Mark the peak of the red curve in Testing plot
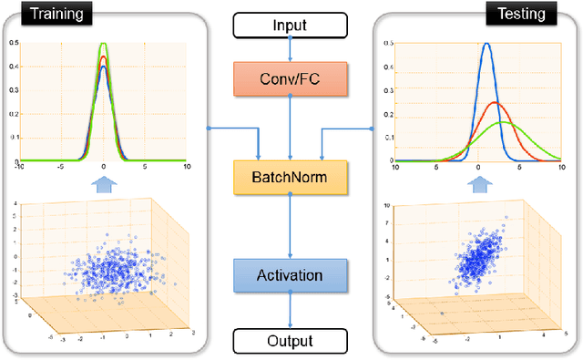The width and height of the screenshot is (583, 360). [x=495, y=102]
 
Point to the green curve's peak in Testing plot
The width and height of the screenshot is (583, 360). [x=500, y=122]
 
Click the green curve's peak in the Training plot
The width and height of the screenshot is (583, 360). [x=104, y=43]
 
